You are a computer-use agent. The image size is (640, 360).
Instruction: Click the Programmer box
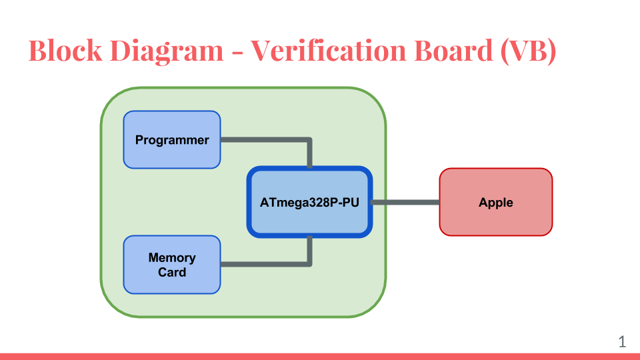point(172,139)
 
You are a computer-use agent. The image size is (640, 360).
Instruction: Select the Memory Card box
point(172,265)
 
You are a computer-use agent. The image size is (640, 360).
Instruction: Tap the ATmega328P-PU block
point(309,202)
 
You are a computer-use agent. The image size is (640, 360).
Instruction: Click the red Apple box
point(496,202)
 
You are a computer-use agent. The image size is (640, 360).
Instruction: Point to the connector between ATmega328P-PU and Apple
point(406,202)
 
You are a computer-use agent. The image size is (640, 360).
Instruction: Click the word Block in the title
point(65,51)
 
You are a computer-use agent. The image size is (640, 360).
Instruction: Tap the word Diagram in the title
point(167,52)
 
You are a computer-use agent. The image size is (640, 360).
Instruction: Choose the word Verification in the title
point(328,51)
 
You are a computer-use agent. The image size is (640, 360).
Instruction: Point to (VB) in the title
point(529,51)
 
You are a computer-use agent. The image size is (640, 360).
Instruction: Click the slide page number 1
point(622,341)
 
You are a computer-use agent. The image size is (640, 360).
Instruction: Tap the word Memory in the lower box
point(172,258)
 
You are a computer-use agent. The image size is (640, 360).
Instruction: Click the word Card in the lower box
point(172,272)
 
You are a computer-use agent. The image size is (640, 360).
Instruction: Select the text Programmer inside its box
point(172,140)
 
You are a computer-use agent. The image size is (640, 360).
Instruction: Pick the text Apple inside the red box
point(496,203)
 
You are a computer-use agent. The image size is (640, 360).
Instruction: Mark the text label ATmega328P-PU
point(309,203)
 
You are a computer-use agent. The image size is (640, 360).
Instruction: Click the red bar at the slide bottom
point(320,357)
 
